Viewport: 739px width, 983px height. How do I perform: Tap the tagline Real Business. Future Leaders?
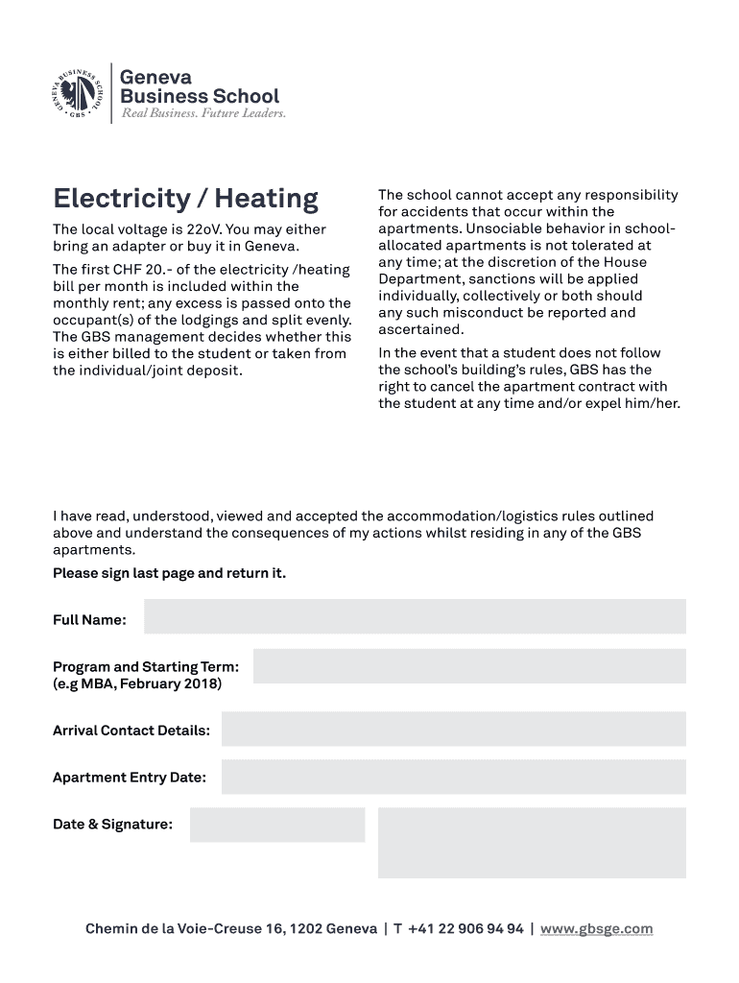click(x=203, y=113)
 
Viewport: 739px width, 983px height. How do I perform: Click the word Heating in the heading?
click(x=266, y=199)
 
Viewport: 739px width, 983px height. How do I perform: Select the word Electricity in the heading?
click(x=121, y=199)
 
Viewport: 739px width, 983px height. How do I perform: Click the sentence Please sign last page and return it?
click(x=169, y=573)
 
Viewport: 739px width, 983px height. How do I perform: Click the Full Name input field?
click(x=415, y=616)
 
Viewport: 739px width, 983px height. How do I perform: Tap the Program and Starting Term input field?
click(x=469, y=666)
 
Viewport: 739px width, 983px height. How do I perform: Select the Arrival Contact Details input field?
click(x=453, y=729)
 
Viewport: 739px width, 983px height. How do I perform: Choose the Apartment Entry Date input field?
click(x=453, y=777)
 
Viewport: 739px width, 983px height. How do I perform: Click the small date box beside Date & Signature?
click(x=277, y=825)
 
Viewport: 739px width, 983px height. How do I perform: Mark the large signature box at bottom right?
click(x=532, y=843)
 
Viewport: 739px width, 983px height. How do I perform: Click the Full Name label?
click(x=89, y=620)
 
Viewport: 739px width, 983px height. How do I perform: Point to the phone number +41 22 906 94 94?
click(x=465, y=928)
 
